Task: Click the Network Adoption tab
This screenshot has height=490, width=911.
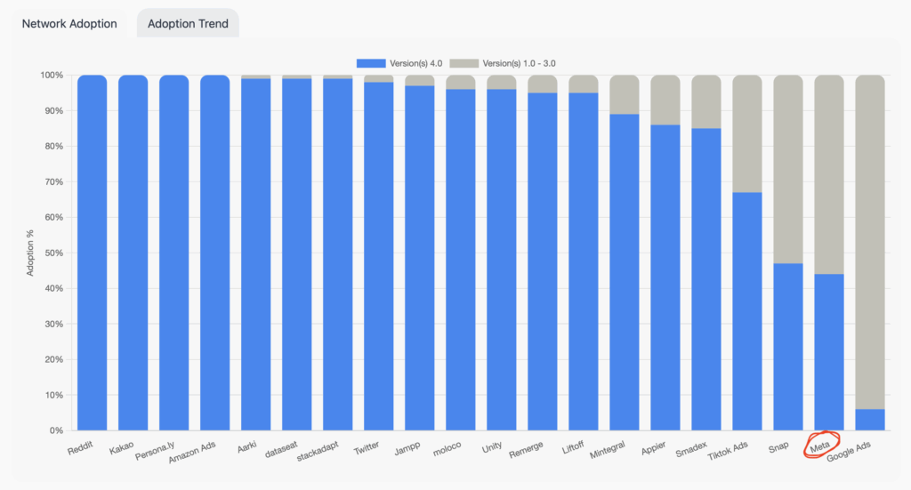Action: [69, 24]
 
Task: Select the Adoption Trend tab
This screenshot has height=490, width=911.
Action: [188, 24]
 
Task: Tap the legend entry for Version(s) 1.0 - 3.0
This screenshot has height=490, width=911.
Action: [507, 63]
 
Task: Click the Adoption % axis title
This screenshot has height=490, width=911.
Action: [30, 253]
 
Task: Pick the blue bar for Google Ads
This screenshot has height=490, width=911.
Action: [870, 420]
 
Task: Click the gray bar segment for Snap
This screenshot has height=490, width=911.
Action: [788, 169]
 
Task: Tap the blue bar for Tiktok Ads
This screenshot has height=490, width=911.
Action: [747, 311]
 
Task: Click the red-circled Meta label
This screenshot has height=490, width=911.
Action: [820, 445]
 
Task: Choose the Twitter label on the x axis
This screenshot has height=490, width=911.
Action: [367, 449]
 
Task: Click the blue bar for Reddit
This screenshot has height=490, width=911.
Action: [93, 253]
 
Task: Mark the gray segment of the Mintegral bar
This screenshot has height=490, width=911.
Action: [625, 94]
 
